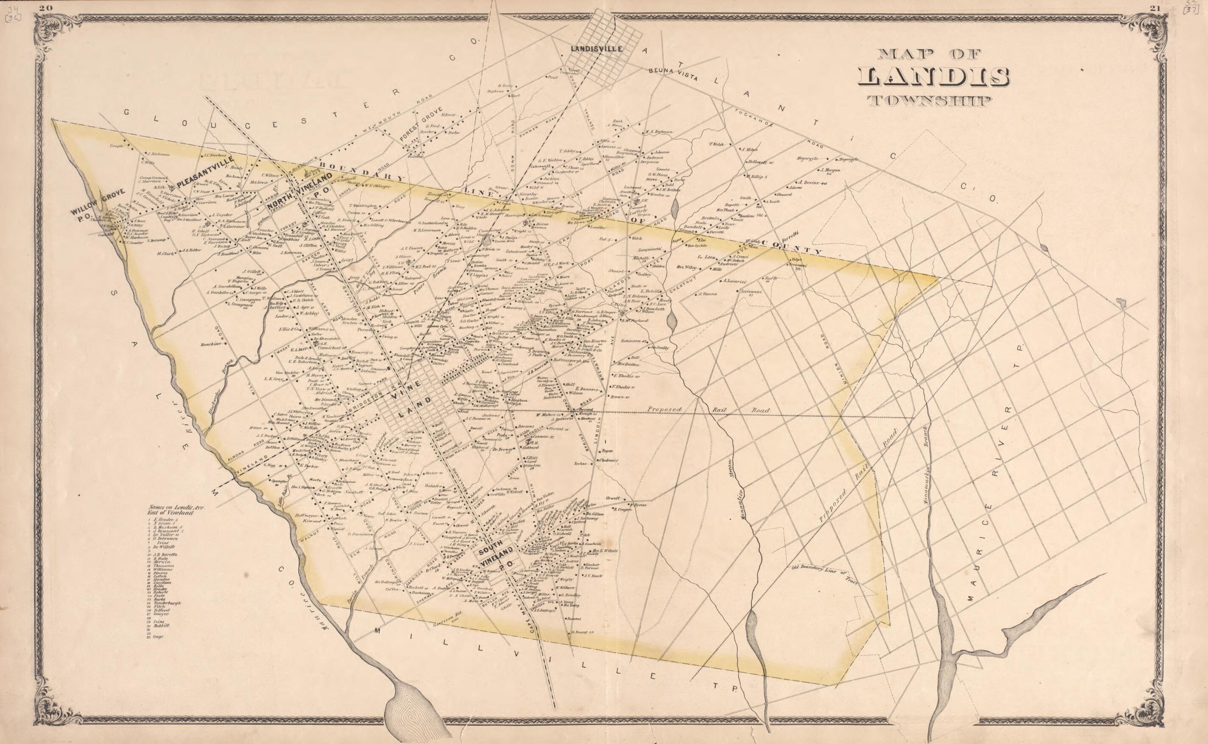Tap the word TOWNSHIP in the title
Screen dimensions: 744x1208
(x=935, y=101)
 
